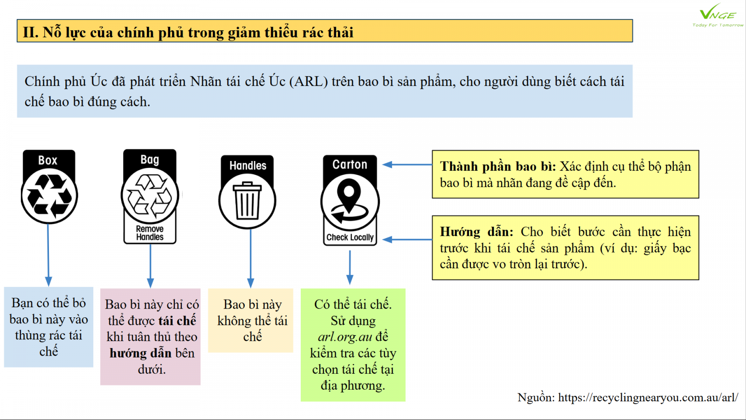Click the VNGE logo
[718, 15]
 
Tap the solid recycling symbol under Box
[49, 195]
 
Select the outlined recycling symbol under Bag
[150, 196]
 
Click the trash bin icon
[247, 200]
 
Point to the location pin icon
[349, 201]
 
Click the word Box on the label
[48, 161]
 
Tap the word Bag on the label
[150, 160]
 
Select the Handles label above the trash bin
[248, 166]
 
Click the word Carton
[350, 164]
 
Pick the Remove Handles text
[150, 233]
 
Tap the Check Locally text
[350, 238]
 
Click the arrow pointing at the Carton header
[407, 164]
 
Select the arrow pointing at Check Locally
[407, 239]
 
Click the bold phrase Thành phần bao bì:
[498, 167]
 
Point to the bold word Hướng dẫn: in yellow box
[477, 231]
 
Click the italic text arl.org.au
[345, 337]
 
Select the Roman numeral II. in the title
[31, 33]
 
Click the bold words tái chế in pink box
[177, 321]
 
